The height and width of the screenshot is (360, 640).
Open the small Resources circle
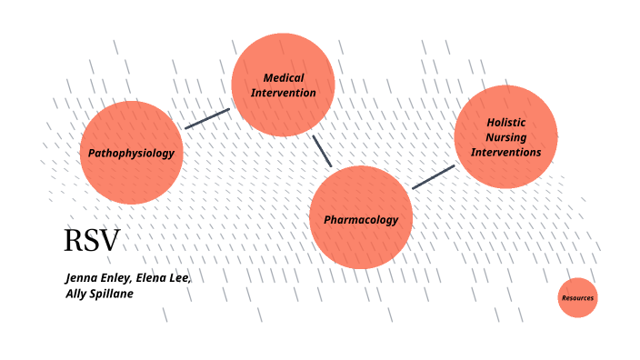[577, 298]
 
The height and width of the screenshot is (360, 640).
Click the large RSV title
[91, 241]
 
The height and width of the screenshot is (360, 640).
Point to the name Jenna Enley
[96, 277]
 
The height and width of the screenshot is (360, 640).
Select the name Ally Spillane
[99, 294]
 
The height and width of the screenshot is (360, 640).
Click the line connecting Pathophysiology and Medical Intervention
[207, 119]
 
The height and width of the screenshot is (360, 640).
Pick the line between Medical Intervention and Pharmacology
[322, 151]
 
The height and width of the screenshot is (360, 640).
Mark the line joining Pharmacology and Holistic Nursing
[433, 177]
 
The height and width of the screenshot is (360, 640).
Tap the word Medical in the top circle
[284, 77]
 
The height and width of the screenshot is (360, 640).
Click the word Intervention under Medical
[284, 93]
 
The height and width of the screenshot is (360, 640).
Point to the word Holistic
[505, 122]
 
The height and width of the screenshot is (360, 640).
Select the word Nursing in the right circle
[505, 137]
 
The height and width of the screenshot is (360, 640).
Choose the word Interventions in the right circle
[505, 152]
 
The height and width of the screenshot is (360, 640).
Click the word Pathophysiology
[131, 153]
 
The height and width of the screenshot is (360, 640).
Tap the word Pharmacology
[361, 219]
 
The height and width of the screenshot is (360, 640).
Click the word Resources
[577, 298]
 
